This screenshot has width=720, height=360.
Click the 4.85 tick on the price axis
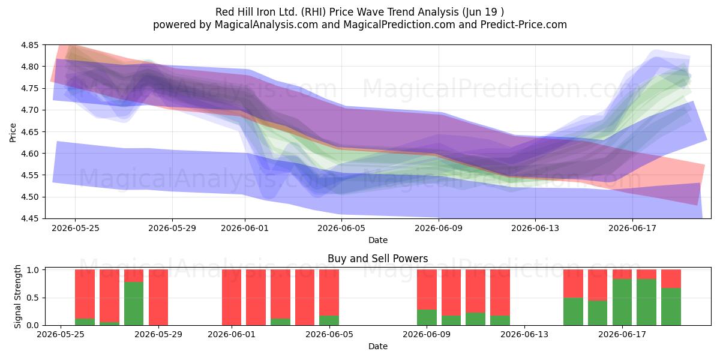[x=29, y=45]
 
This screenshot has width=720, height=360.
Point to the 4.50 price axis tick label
[x=29, y=197]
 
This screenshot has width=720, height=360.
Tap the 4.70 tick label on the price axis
[x=29, y=110]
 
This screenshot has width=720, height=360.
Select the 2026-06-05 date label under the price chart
[x=341, y=228]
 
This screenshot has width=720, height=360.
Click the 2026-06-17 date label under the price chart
[x=632, y=228]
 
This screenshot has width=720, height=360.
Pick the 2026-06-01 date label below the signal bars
[x=232, y=335]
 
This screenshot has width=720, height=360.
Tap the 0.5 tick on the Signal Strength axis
[x=33, y=298]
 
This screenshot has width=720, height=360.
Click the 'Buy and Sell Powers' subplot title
[x=377, y=259]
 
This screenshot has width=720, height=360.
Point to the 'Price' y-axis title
[x=13, y=133]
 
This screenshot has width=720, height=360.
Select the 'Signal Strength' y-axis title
[x=17, y=296]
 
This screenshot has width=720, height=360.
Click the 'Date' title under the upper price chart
[x=378, y=240]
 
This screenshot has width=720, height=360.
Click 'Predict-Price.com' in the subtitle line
[x=524, y=25]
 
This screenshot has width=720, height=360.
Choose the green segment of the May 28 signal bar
[x=134, y=304]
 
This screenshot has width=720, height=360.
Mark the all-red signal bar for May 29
[x=158, y=298]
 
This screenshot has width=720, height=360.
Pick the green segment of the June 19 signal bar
[x=671, y=307]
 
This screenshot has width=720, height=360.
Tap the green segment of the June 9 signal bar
[x=427, y=317]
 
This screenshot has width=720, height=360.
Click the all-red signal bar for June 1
[x=232, y=298]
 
